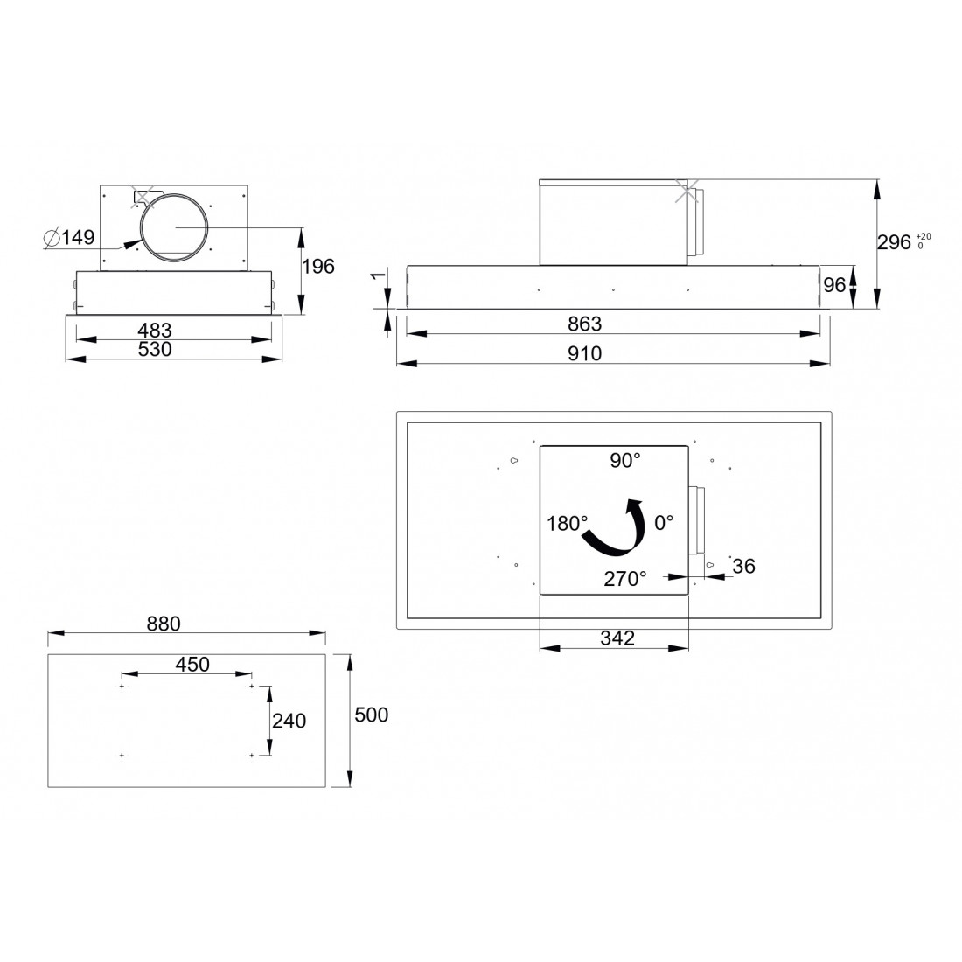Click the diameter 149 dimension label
click(70, 237)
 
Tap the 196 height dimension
click(318, 266)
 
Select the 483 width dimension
click(155, 330)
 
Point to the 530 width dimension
click(155, 349)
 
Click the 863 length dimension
click(585, 324)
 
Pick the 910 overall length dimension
click(585, 353)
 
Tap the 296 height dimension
click(894, 242)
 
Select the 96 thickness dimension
click(834, 285)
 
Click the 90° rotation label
click(625, 460)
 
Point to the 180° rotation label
click(568, 524)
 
